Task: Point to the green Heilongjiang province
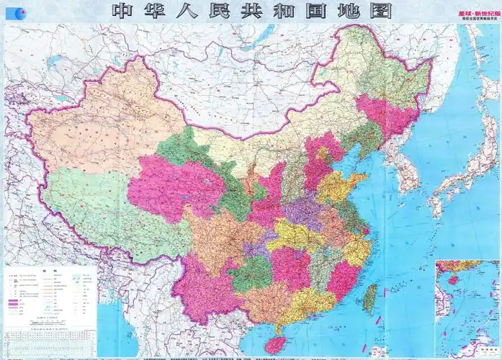click(x=382, y=72)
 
